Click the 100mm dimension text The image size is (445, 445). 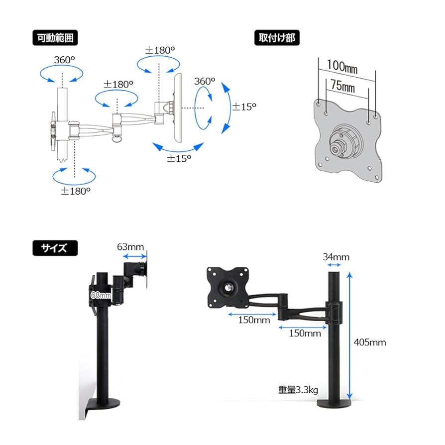point(342,66)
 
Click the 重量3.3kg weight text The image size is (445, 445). point(298,389)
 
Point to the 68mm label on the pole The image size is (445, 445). point(101,295)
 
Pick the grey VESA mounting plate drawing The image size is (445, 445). point(348,138)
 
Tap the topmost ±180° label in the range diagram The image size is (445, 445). point(160,50)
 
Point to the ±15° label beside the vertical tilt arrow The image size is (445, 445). point(243,106)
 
